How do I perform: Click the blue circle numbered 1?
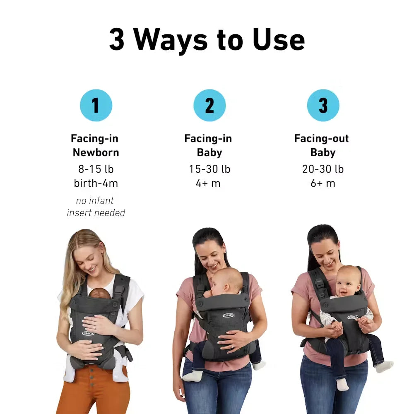[96, 105]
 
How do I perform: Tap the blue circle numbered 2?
[209, 105]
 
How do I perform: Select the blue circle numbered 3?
[323, 105]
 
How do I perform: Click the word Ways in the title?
[170, 40]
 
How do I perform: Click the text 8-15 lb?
[96, 169]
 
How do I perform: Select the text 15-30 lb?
[209, 169]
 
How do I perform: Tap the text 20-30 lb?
[323, 169]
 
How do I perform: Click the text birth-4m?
[96, 183]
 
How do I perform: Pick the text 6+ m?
[323, 183]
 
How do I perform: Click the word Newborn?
[96, 153]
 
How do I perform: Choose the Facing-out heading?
[322, 138]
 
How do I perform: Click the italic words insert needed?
[96, 213]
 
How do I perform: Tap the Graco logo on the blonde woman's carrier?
[88, 333]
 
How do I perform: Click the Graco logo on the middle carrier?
[229, 315]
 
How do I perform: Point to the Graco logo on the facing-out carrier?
[353, 317]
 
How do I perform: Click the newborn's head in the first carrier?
[99, 294]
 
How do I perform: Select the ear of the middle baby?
[227, 288]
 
